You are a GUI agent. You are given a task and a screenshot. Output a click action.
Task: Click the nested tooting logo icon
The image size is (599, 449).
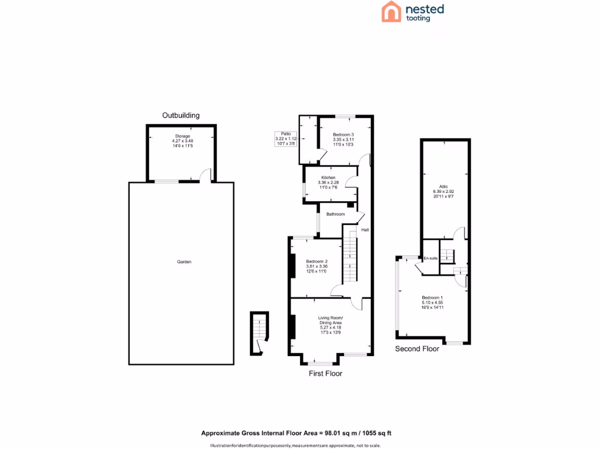(391, 12)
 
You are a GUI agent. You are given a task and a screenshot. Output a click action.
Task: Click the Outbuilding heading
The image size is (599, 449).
(181, 115)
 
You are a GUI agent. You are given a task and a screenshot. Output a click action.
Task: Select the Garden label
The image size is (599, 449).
(184, 262)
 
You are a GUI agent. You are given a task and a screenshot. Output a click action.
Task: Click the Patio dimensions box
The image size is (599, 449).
(286, 139)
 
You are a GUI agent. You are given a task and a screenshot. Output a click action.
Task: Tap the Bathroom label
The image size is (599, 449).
(335, 215)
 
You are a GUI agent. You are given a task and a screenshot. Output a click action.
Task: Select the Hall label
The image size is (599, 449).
(364, 230)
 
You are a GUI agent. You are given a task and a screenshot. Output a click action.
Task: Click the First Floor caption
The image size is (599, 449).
(325, 373)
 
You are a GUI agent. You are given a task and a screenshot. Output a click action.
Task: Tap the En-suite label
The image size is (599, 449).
(431, 258)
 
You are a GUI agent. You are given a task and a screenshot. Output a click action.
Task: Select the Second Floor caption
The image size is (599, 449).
(417, 349)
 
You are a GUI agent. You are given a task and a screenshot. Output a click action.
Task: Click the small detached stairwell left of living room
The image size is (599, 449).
(258, 334)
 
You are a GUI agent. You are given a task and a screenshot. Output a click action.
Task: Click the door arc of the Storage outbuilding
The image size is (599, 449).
(205, 174)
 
